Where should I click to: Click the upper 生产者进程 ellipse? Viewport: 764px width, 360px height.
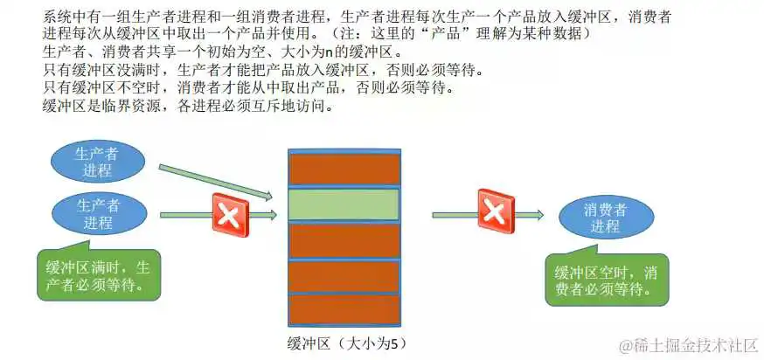pyautogui.click(x=97, y=162)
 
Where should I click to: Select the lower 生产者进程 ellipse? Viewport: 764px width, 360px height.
pyautogui.click(x=100, y=213)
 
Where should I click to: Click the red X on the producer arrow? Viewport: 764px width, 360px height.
pyautogui.click(x=231, y=215)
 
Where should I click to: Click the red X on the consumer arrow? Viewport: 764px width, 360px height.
pyautogui.click(x=496, y=211)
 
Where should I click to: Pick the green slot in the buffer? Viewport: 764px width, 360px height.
pyautogui.click(x=344, y=204)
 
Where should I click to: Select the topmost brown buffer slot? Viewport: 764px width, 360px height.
pyautogui.click(x=344, y=169)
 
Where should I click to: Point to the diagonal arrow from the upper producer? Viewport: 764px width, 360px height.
pyautogui.click(x=215, y=183)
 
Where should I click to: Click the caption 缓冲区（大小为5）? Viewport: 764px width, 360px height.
pyautogui.click(x=346, y=343)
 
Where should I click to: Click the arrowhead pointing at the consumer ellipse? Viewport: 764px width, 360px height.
pyautogui.click(x=537, y=215)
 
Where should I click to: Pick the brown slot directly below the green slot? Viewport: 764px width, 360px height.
pyautogui.click(x=344, y=239)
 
